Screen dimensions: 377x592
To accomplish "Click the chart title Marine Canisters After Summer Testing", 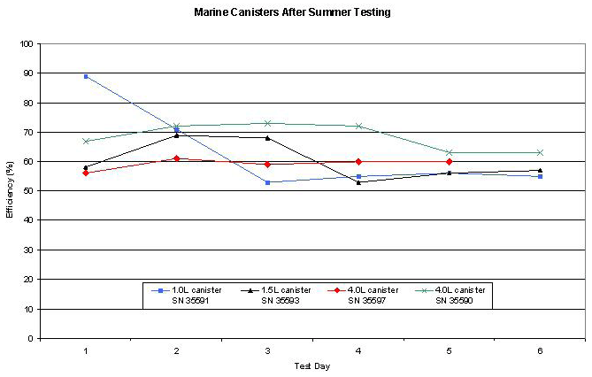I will (x=293, y=12).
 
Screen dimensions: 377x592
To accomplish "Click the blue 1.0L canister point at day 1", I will (x=86, y=76).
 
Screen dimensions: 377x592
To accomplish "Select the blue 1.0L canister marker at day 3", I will (x=267, y=182).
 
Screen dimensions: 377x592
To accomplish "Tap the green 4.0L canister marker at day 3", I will (x=267, y=123).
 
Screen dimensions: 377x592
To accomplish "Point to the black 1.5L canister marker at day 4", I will (x=358, y=182).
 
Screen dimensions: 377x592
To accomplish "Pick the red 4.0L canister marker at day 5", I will (x=450, y=162).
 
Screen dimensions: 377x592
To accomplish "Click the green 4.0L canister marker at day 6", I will (x=541, y=152).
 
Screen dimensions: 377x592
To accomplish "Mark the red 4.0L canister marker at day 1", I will (x=86, y=173).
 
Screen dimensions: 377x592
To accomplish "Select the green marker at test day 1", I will (x=86, y=141).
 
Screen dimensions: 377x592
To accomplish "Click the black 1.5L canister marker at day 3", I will (x=267, y=138).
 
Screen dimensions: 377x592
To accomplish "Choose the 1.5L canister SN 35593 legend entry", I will (x=276, y=295).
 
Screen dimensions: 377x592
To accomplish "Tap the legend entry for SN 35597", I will (x=363, y=295).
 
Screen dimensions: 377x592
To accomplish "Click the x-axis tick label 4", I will (x=358, y=350).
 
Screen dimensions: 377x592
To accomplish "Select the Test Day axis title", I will (x=313, y=365).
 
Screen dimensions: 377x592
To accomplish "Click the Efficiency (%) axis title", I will (x=9, y=191).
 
